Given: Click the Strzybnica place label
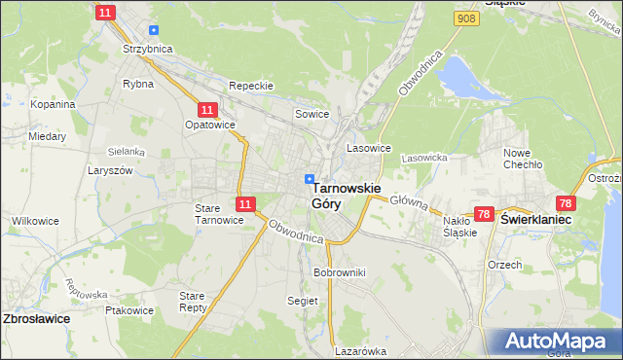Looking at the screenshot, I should click(x=146, y=48).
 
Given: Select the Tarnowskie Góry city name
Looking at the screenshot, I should click(x=346, y=196).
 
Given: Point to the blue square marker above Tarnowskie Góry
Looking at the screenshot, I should click(x=310, y=179).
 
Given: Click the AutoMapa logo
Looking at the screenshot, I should click(x=552, y=342).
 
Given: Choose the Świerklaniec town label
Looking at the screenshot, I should click(x=535, y=220).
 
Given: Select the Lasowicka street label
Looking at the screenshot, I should click(x=423, y=158).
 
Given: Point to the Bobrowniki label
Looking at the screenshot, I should click(x=339, y=272).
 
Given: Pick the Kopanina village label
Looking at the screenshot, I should click(x=53, y=104).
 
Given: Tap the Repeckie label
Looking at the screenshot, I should click(x=251, y=86).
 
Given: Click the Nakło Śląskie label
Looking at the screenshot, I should click(x=459, y=226).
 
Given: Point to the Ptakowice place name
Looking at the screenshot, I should click(x=129, y=311).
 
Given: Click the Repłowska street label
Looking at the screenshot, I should click(x=85, y=288).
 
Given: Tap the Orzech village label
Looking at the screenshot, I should click(x=505, y=264).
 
